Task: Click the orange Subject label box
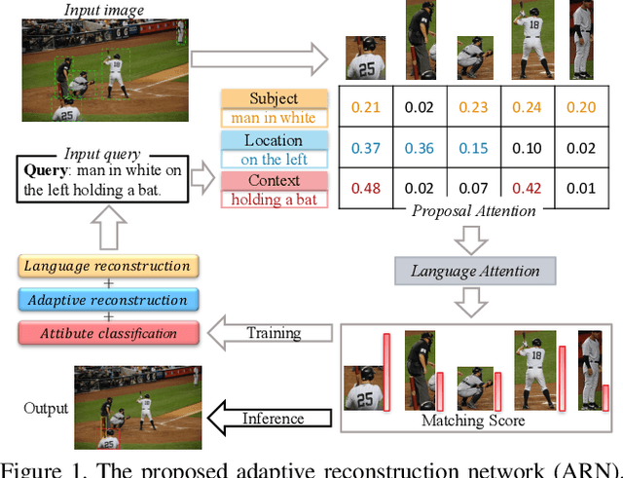coord(274,98)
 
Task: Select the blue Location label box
coord(274,141)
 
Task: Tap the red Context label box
coord(274,182)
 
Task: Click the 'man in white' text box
coord(274,117)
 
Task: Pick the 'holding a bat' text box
coord(274,200)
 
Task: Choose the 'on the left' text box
coord(274,159)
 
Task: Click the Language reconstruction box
coord(107,266)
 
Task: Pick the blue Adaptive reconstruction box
coord(107,300)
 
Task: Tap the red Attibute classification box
coord(107,333)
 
